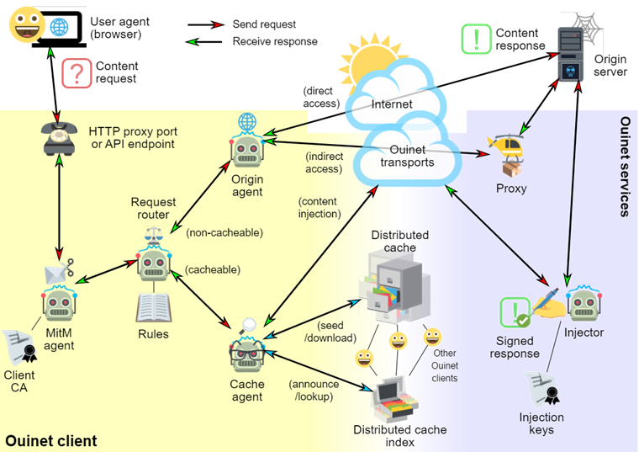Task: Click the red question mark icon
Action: click(76, 72)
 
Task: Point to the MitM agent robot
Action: click(59, 302)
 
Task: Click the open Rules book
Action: click(153, 309)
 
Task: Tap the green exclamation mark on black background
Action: click(476, 39)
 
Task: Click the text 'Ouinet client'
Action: click(51, 441)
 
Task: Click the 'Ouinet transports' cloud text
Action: click(407, 157)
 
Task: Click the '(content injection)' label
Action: click(319, 208)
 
